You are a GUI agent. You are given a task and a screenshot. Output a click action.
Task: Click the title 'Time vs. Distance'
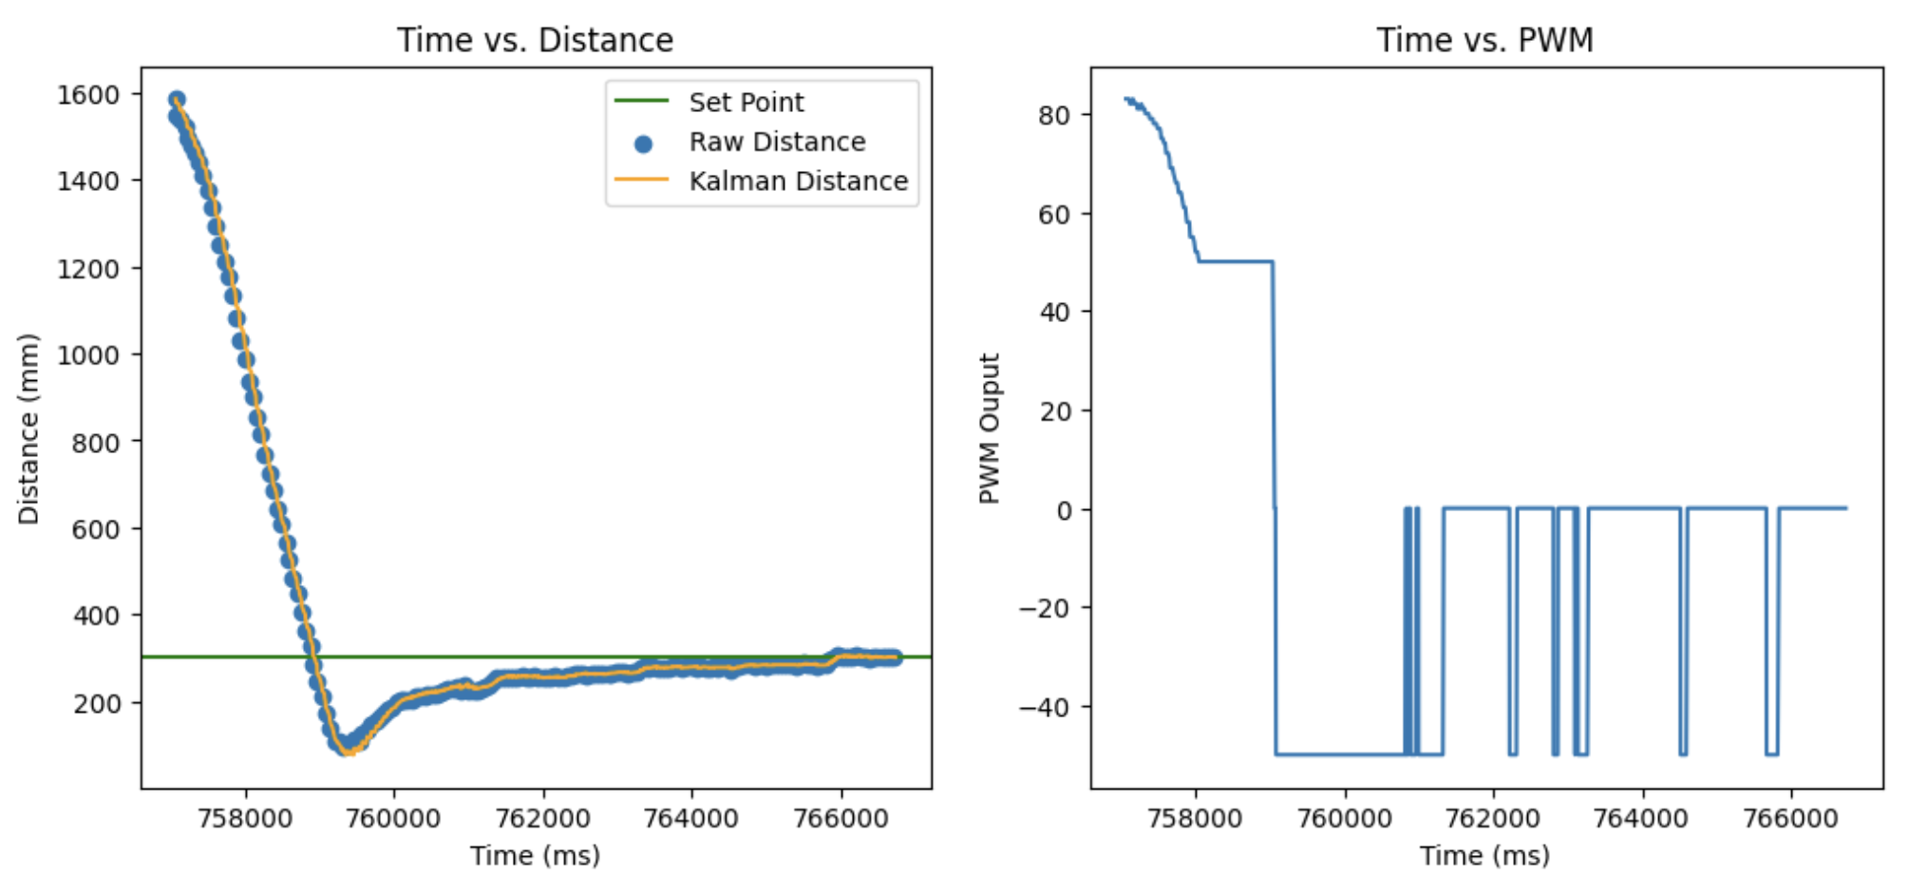coord(535,40)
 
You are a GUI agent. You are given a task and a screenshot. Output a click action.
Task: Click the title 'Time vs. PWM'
coord(1484,40)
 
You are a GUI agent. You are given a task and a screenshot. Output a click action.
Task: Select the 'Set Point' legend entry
coord(746,102)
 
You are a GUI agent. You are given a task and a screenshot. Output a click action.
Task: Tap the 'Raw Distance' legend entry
coord(777,142)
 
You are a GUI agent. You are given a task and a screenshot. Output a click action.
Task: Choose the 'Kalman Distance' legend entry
coord(798,181)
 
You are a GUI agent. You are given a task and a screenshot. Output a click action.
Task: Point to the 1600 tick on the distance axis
coord(88,94)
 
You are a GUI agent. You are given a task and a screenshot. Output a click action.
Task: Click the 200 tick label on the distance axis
coord(97,703)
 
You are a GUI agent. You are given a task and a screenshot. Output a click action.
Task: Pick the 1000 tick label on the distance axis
coord(88,355)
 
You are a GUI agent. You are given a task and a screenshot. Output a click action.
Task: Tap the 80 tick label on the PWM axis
coord(1054,115)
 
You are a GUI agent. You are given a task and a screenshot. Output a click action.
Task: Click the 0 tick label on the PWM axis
coord(1064,510)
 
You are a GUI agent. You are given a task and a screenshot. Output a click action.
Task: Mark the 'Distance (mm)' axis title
coord(28,428)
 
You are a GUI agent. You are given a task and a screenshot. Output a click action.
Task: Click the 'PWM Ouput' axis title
coord(990,428)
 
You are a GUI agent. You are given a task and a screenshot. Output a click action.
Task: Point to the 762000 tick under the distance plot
coord(543,818)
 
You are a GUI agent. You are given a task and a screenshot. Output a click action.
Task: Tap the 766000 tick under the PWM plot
coord(1790,818)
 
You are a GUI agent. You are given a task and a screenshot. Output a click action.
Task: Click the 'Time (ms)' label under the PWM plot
coord(1484,855)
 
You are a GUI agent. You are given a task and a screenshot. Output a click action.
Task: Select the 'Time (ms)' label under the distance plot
coord(535,855)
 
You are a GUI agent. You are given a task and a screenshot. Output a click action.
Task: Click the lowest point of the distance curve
coord(347,750)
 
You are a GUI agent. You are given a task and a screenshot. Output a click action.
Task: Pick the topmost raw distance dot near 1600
coord(177,99)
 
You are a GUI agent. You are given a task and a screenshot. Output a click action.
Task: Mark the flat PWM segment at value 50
coord(1235,261)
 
